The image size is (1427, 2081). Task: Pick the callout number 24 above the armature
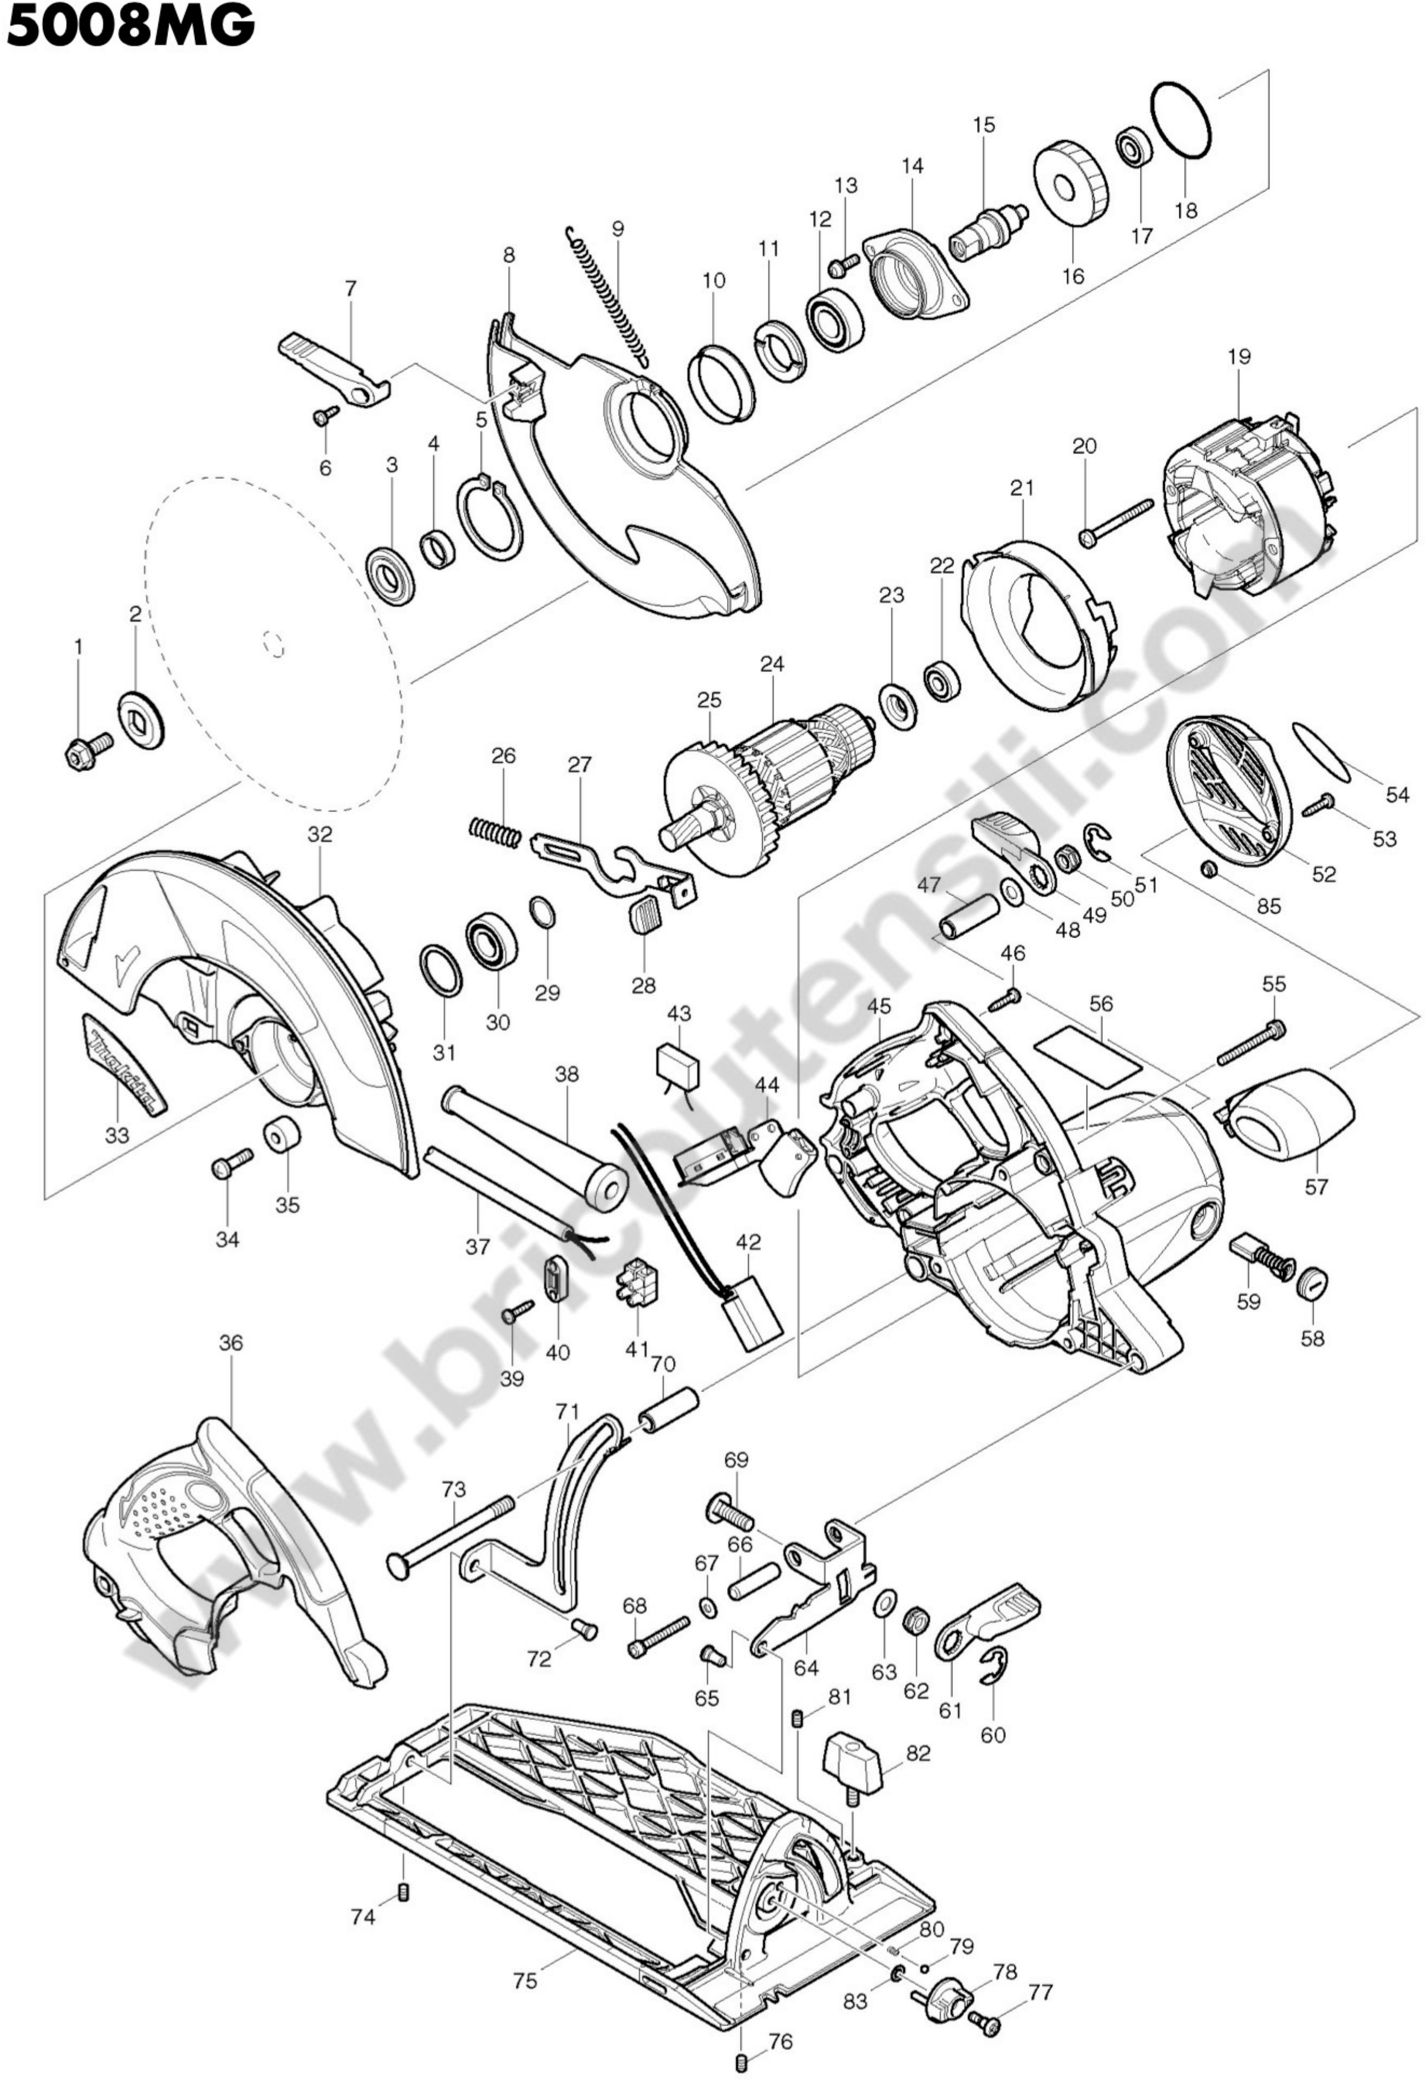pyautogui.click(x=772, y=665)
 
